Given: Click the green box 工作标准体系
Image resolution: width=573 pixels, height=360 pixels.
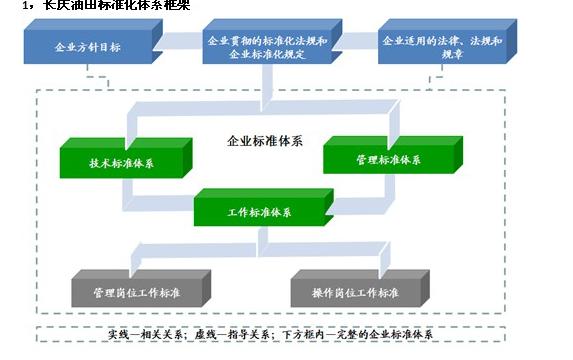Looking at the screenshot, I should [258, 212].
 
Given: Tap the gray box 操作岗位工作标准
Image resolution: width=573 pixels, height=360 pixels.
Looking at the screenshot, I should [357, 292].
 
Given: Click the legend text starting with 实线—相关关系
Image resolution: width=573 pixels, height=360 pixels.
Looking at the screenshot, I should [150, 334].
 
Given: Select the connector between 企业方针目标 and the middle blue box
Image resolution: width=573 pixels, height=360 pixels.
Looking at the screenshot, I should [176, 42].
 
